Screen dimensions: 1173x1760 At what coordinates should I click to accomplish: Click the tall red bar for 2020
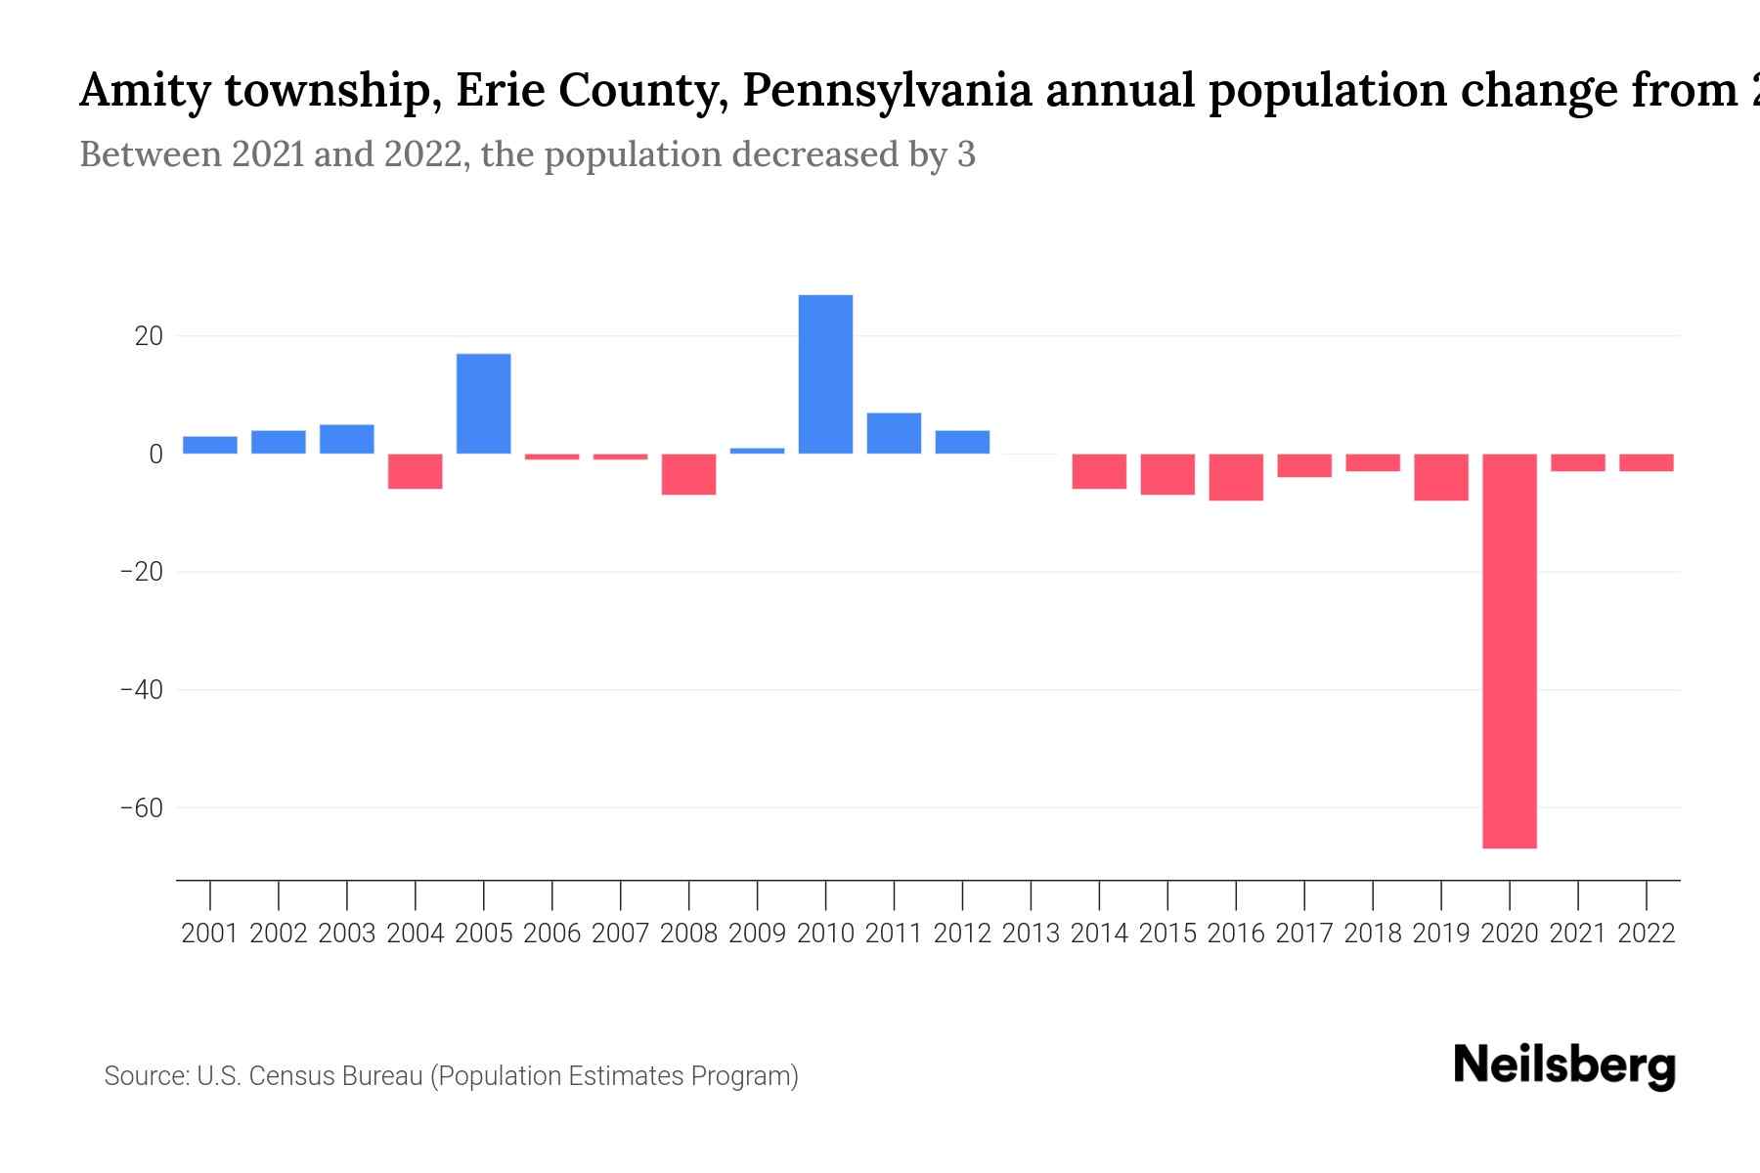pos(1509,650)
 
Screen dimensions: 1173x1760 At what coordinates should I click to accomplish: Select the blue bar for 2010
pos(825,374)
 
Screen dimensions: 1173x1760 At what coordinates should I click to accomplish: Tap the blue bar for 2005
pos(483,404)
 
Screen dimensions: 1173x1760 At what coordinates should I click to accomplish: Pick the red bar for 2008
pos(688,474)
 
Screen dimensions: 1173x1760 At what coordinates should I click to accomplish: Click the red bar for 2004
pos(415,471)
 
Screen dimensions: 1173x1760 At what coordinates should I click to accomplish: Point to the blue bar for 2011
pos(894,433)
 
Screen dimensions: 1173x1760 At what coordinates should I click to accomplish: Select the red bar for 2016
pos(1236,477)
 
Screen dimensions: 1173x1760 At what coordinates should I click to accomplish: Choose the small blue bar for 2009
pos(757,451)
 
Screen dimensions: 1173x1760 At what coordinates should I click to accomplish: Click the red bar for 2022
pos(1646,462)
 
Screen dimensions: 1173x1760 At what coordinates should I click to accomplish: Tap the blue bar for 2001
pos(209,445)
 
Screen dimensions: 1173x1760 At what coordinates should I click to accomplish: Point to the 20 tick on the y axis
pos(149,336)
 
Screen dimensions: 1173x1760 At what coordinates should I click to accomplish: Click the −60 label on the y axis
pos(141,808)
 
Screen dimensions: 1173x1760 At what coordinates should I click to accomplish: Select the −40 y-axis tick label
pos(141,690)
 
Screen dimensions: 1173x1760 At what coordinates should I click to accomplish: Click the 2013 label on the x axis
pos(1031,934)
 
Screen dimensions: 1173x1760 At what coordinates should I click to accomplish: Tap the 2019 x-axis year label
pos(1440,934)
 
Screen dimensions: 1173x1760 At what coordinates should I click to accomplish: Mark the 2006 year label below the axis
pos(551,934)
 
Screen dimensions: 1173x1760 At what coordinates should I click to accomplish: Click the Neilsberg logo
pos(1564,1065)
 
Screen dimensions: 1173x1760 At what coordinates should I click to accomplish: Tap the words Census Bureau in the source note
pos(335,1076)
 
